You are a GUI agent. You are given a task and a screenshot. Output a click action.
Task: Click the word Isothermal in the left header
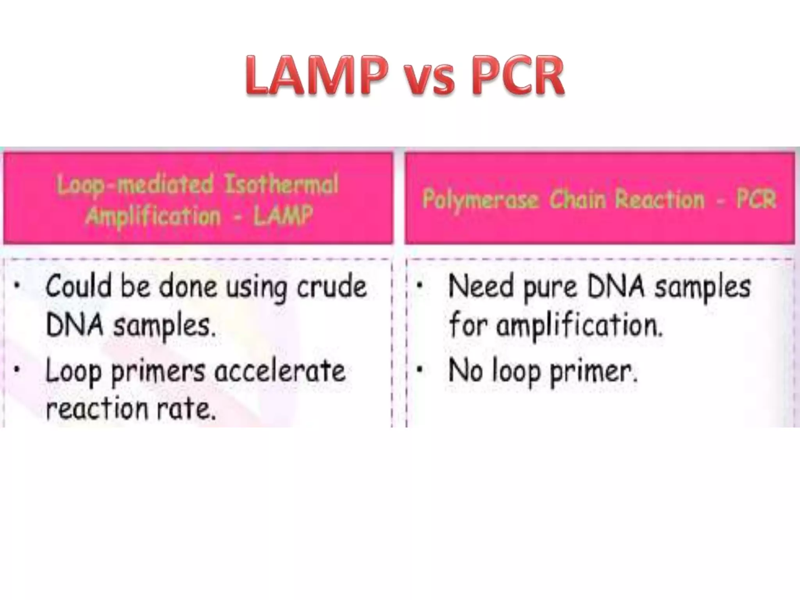coord(281,185)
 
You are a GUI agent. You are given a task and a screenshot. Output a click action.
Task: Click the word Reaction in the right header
coord(660,200)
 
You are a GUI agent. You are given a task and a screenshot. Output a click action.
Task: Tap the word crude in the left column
coord(332,287)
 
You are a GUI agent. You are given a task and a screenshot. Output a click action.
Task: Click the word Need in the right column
coord(481,286)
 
